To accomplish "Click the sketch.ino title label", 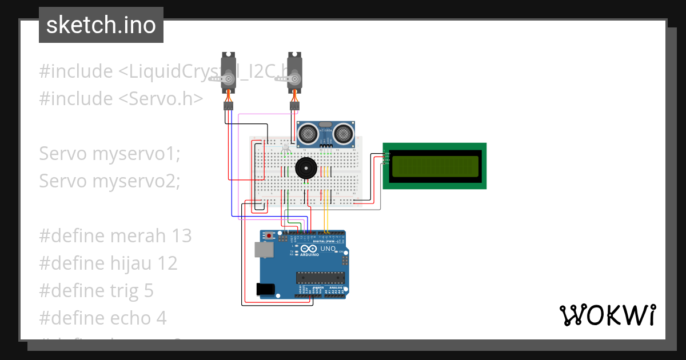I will (x=101, y=25).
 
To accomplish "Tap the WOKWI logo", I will (x=607, y=315).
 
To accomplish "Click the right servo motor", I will (x=294, y=72).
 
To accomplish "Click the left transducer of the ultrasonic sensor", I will (x=309, y=134).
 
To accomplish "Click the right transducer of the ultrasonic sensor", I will (x=344, y=134).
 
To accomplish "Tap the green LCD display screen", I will (x=434, y=166).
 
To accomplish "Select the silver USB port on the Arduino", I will (x=263, y=249).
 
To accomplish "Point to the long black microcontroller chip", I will (x=320, y=278).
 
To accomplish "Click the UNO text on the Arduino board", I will (x=327, y=249).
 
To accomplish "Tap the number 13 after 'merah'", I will (x=181, y=235).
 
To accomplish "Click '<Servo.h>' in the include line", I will (x=161, y=98).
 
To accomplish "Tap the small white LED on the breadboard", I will (x=285, y=147).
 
